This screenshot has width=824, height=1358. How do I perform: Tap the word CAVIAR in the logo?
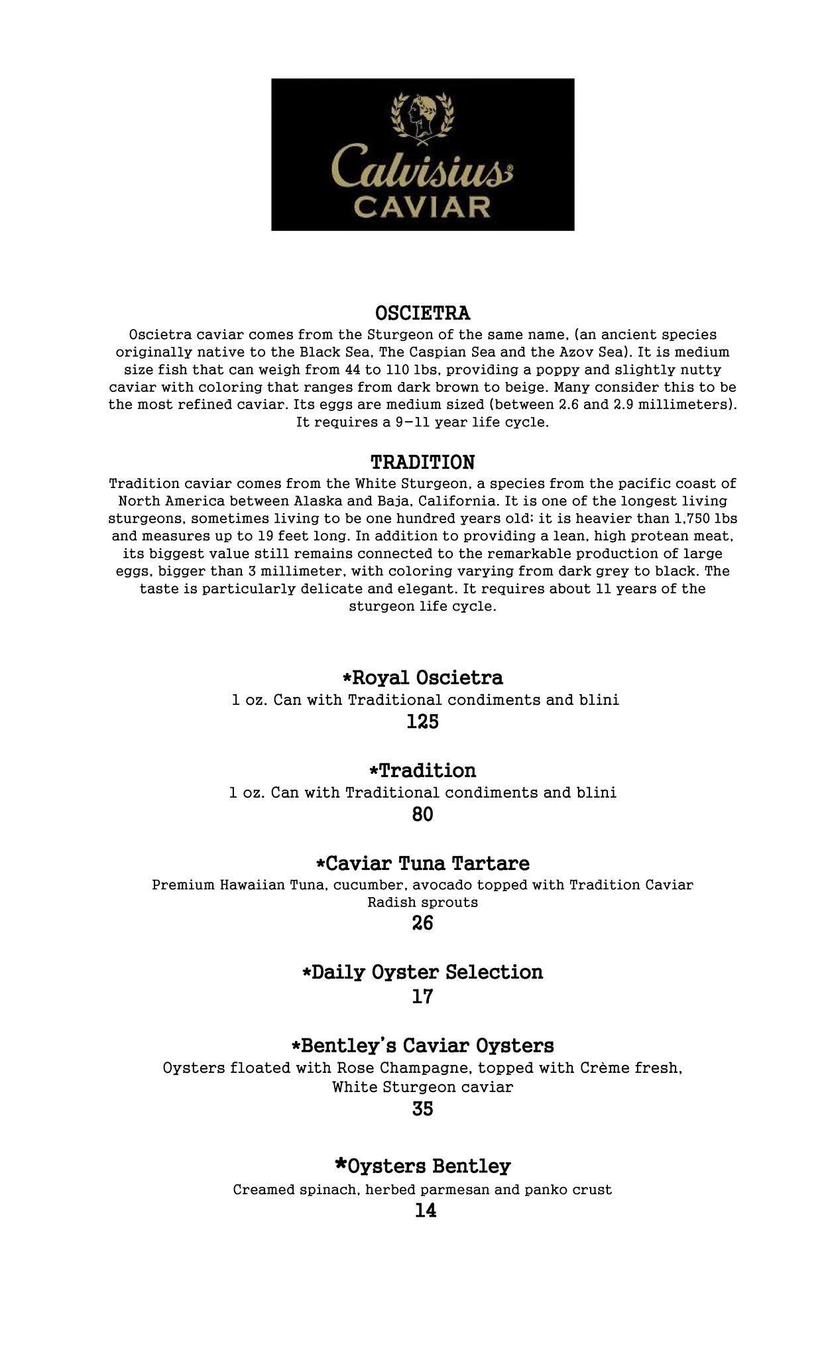click(x=422, y=206)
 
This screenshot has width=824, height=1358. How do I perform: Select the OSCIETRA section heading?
click(x=422, y=312)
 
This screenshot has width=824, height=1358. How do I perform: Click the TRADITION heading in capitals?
click(x=422, y=462)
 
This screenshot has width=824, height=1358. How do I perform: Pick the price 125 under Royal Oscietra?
click(x=422, y=721)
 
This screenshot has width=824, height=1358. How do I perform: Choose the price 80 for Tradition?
click(x=422, y=814)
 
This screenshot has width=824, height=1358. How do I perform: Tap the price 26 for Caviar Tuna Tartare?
click(x=422, y=923)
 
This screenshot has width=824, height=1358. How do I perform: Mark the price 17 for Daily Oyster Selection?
click(x=422, y=997)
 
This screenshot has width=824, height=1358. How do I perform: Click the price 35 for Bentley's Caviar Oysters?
click(x=422, y=1109)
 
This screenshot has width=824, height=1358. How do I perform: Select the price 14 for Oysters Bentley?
click(x=425, y=1211)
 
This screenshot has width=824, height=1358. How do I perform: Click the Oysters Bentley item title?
click(x=429, y=1166)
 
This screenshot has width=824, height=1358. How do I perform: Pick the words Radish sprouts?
click(x=422, y=902)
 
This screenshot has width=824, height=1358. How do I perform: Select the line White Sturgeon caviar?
click(x=422, y=1087)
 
